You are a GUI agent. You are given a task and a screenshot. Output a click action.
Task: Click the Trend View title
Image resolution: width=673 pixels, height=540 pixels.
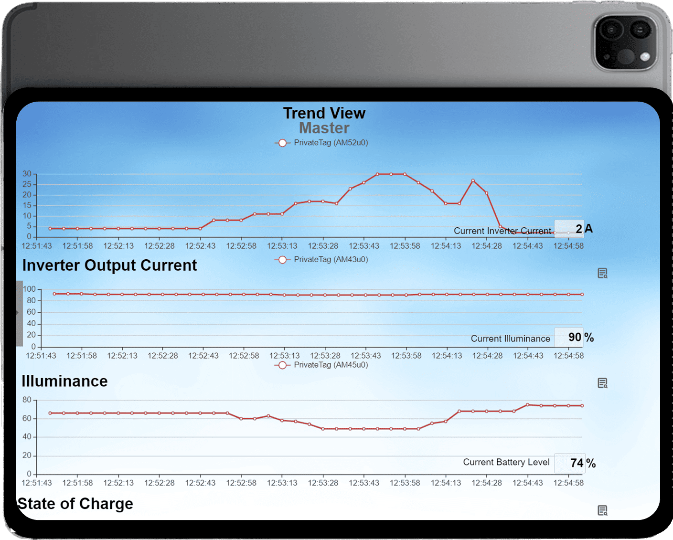click(x=324, y=113)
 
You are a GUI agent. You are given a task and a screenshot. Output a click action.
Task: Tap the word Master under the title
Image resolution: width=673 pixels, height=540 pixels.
click(x=324, y=128)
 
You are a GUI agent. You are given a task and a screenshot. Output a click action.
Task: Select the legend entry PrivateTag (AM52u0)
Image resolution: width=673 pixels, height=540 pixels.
click(x=321, y=143)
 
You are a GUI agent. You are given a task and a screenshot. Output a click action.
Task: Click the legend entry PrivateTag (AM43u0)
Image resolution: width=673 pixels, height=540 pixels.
click(x=321, y=260)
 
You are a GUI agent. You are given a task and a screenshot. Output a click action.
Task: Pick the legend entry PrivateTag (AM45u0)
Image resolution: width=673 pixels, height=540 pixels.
click(x=321, y=365)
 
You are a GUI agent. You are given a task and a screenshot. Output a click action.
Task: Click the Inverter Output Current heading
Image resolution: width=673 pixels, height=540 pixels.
click(x=109, y=265)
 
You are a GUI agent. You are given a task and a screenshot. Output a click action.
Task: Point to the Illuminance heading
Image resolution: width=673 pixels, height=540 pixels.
click(x=64, y=381)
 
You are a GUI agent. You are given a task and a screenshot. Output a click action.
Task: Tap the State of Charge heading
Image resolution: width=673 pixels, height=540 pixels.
click(x=75, y=504)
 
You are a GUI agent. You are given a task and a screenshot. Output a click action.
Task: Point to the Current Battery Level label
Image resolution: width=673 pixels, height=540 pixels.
click(x=506, y=462)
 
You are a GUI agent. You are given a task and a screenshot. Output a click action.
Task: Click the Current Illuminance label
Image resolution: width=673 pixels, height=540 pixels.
click(x=510, y=339)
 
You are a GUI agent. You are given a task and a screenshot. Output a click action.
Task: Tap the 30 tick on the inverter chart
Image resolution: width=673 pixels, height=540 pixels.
click(x=27, y=174)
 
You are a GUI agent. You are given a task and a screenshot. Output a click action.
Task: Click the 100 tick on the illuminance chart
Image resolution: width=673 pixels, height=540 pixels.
click(x=29, y=289)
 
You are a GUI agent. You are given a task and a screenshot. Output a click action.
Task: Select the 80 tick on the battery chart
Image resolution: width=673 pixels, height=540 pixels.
click(x=27, y=400)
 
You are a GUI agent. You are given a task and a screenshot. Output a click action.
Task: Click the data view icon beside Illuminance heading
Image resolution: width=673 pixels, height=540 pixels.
click(x=602, y=383)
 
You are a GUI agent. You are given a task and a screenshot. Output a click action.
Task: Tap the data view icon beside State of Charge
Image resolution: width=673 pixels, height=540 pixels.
click(x=602, y=510)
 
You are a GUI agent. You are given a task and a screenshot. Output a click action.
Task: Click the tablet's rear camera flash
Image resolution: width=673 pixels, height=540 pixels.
click(x=645, y=57)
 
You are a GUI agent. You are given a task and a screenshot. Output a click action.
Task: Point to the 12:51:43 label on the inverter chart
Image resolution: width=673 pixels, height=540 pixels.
click(x=37, y=246)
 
